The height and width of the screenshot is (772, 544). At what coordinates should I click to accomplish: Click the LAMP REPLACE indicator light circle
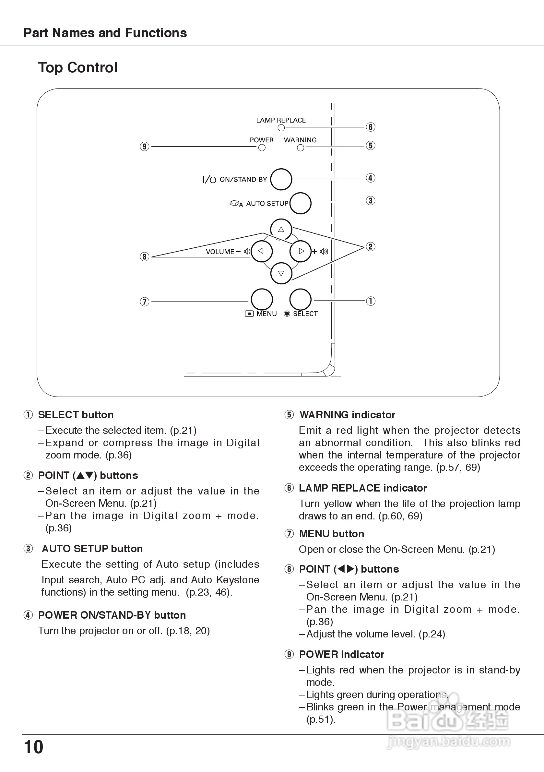click(x=281, y=128)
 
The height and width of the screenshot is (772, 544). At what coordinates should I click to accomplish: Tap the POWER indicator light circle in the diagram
click(x=262, y=148)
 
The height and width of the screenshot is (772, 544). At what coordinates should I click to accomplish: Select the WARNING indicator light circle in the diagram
click(x=301, y=148)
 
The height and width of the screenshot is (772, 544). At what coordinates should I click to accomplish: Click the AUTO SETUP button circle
click(x=300, y=203)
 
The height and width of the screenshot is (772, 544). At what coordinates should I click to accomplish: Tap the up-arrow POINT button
click(x=281, y=230)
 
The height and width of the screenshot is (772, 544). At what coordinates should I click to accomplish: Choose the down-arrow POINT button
click(x=281, y=273)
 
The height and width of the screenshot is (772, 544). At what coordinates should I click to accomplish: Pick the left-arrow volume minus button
click(x=261, y=251)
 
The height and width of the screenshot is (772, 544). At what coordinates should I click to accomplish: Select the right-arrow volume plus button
click(x=301, y=251)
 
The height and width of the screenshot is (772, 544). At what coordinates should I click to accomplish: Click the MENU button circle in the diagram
click(x=262, y=299)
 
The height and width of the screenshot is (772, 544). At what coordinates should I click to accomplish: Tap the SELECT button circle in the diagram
click(x=300, y=299)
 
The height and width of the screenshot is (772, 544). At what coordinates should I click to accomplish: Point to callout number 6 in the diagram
click(x=370, y=127)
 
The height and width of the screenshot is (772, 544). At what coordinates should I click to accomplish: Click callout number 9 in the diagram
click(x=145, y=147)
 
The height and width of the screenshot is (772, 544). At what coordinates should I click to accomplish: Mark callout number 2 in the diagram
click(x=370, y=247)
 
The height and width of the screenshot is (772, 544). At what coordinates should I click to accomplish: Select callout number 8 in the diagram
click(x=145, y=257)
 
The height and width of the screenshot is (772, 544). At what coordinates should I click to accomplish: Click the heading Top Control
click(x=78, y=67)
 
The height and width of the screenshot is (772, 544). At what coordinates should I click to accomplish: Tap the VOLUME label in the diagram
click(x=220, y=252)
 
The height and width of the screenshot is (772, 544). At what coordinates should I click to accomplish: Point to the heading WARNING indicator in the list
click(x=347, y=415)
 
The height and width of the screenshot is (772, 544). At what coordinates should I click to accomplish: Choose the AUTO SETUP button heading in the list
click(x=92, y=549)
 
